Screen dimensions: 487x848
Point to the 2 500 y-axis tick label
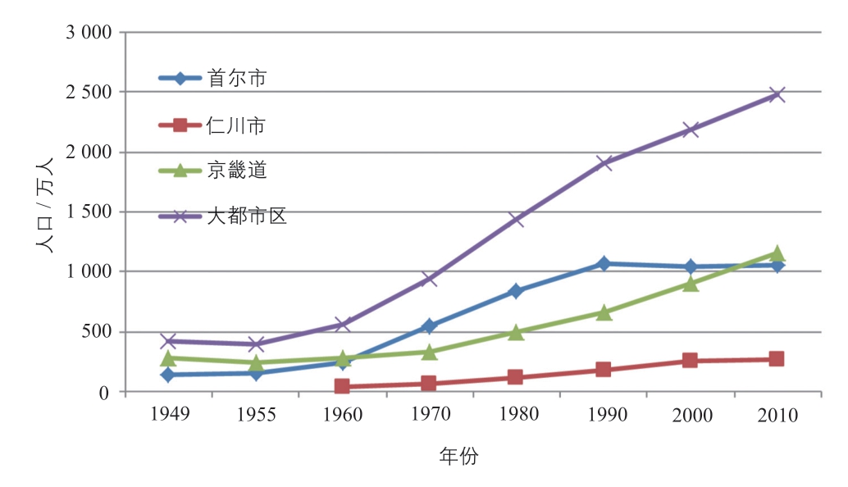(88, 93)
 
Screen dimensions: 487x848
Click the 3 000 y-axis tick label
(88, 33)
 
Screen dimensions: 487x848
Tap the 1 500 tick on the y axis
(88, 212)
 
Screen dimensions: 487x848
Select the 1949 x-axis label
(170, 414)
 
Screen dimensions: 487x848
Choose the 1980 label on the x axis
(517, 414)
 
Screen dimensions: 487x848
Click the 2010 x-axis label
(777, 415)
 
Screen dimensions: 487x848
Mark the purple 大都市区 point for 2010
(777, 94)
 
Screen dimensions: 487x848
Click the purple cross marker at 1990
(604, 162)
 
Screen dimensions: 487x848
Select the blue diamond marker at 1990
(604, 264)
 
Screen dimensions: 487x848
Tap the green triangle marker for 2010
(777, 253)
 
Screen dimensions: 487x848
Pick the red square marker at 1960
(342, 386)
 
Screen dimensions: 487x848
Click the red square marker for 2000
(691, 361)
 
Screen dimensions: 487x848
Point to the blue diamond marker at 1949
(169, 375)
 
